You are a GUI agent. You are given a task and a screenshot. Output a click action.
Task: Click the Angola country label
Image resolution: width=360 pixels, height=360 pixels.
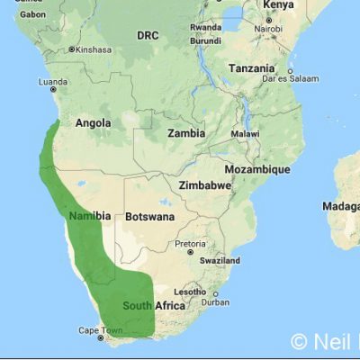[x=93, y=123]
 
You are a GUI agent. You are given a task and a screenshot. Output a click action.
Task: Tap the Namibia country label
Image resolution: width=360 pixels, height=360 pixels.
[x=90, y=216]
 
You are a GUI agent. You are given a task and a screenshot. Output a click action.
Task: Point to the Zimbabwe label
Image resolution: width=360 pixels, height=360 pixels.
[x=206, y=184]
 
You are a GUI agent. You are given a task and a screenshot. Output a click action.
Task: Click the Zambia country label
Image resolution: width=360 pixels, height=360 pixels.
[x=185, y=132]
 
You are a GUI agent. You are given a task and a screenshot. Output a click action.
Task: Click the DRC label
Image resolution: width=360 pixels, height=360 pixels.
[x=147, y=35]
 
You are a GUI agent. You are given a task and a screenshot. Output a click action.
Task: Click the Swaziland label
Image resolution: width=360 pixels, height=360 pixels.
[x=220, y=260]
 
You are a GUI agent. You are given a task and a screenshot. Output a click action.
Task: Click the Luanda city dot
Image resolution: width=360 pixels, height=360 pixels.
[x=53, y=89]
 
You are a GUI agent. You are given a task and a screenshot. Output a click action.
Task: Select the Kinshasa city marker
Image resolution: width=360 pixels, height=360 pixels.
[x=74, y=49]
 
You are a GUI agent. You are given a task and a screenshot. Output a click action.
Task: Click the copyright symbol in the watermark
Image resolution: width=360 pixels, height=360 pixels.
[x=299, y=342]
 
